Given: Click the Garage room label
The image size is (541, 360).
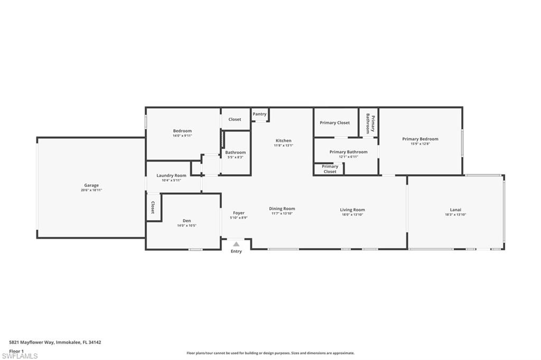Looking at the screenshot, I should [x=91, y=185].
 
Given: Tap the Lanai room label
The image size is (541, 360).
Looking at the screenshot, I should [x=455, y=210].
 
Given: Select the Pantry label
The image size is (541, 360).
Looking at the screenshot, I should [x=259, y=114].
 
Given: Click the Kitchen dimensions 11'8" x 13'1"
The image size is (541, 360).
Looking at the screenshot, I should [x=283, y=146].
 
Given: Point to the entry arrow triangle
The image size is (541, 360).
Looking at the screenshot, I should [x=236, y=244].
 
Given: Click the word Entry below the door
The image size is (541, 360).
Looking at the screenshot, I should [x=236, y=251].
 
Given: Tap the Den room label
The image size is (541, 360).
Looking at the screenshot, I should [x=187, y=221].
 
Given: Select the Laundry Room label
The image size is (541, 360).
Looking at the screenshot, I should [x=171, y=175].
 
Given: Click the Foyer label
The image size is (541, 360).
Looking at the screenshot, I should [x=239, y=213].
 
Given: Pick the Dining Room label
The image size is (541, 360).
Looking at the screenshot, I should [x=282, y=209].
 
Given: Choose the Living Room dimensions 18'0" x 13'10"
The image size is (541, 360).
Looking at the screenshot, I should [x=352, y=215].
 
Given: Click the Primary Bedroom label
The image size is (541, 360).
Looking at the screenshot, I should [x=420, y=139].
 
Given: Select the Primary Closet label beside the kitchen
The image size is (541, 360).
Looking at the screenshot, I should [x=335, y=122].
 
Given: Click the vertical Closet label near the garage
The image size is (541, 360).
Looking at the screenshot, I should [x=153, y=207].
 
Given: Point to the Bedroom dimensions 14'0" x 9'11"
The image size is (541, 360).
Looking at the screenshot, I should [x=182, y=136].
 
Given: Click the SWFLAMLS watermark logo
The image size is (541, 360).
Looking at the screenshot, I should [x=20, y=356].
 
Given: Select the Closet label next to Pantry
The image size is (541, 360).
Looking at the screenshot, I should [x=235, y=119].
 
